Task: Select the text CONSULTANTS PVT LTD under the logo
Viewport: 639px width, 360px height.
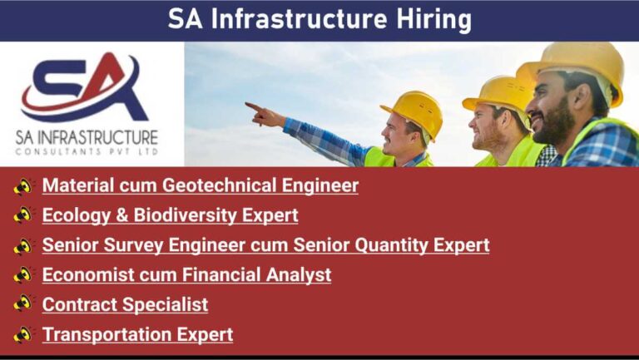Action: pos(87,152)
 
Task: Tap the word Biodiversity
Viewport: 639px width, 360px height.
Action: pos(185,215)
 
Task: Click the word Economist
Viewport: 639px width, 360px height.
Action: pos(88,275)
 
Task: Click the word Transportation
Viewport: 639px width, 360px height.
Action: pos(107,335)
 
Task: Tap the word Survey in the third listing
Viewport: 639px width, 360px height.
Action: pos(133,245)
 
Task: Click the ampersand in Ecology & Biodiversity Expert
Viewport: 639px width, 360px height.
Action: pos(121,215)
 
